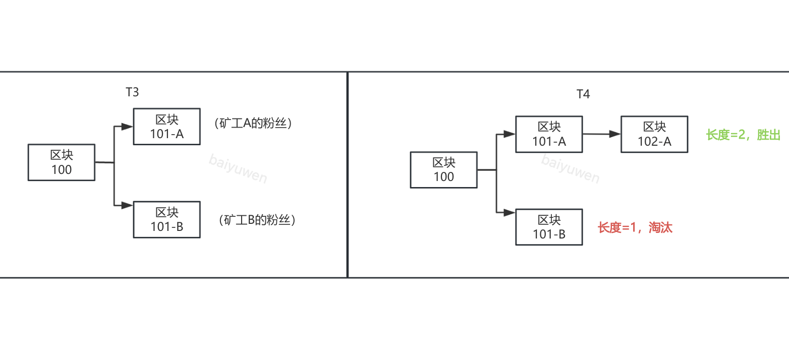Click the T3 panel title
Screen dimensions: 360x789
click(x=132, y=92)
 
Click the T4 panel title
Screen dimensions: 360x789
click(x=583, y=94)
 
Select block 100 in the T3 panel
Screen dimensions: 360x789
click(x=62, y=162)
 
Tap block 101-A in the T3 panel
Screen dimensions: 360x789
click(x=166, y=127)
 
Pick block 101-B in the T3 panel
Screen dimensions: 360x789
click(x=166, y=219)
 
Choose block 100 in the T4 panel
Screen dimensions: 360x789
click(x=444, y=170)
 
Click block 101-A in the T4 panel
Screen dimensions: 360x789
click(x=549, y=134)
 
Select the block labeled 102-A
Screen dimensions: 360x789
click(x=654, y=134)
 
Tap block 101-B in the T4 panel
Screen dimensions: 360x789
click(x=549, y=227)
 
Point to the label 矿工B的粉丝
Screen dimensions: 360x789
click(x=257, y=220)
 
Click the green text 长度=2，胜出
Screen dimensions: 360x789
click(x=743, y=135)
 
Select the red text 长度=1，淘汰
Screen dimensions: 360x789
click(x=635, y=227)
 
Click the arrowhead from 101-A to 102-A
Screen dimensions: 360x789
click(x=615, y=134)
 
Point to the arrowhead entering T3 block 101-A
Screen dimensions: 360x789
click(x=128, y=127)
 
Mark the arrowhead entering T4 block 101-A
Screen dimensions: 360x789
click(x=510, y=134)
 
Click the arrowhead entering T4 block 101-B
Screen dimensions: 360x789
click(x=510, y=212)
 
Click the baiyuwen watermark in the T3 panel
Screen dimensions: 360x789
click(x=238, y=169)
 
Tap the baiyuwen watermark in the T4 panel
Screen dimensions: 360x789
click(x=570, y=168)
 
